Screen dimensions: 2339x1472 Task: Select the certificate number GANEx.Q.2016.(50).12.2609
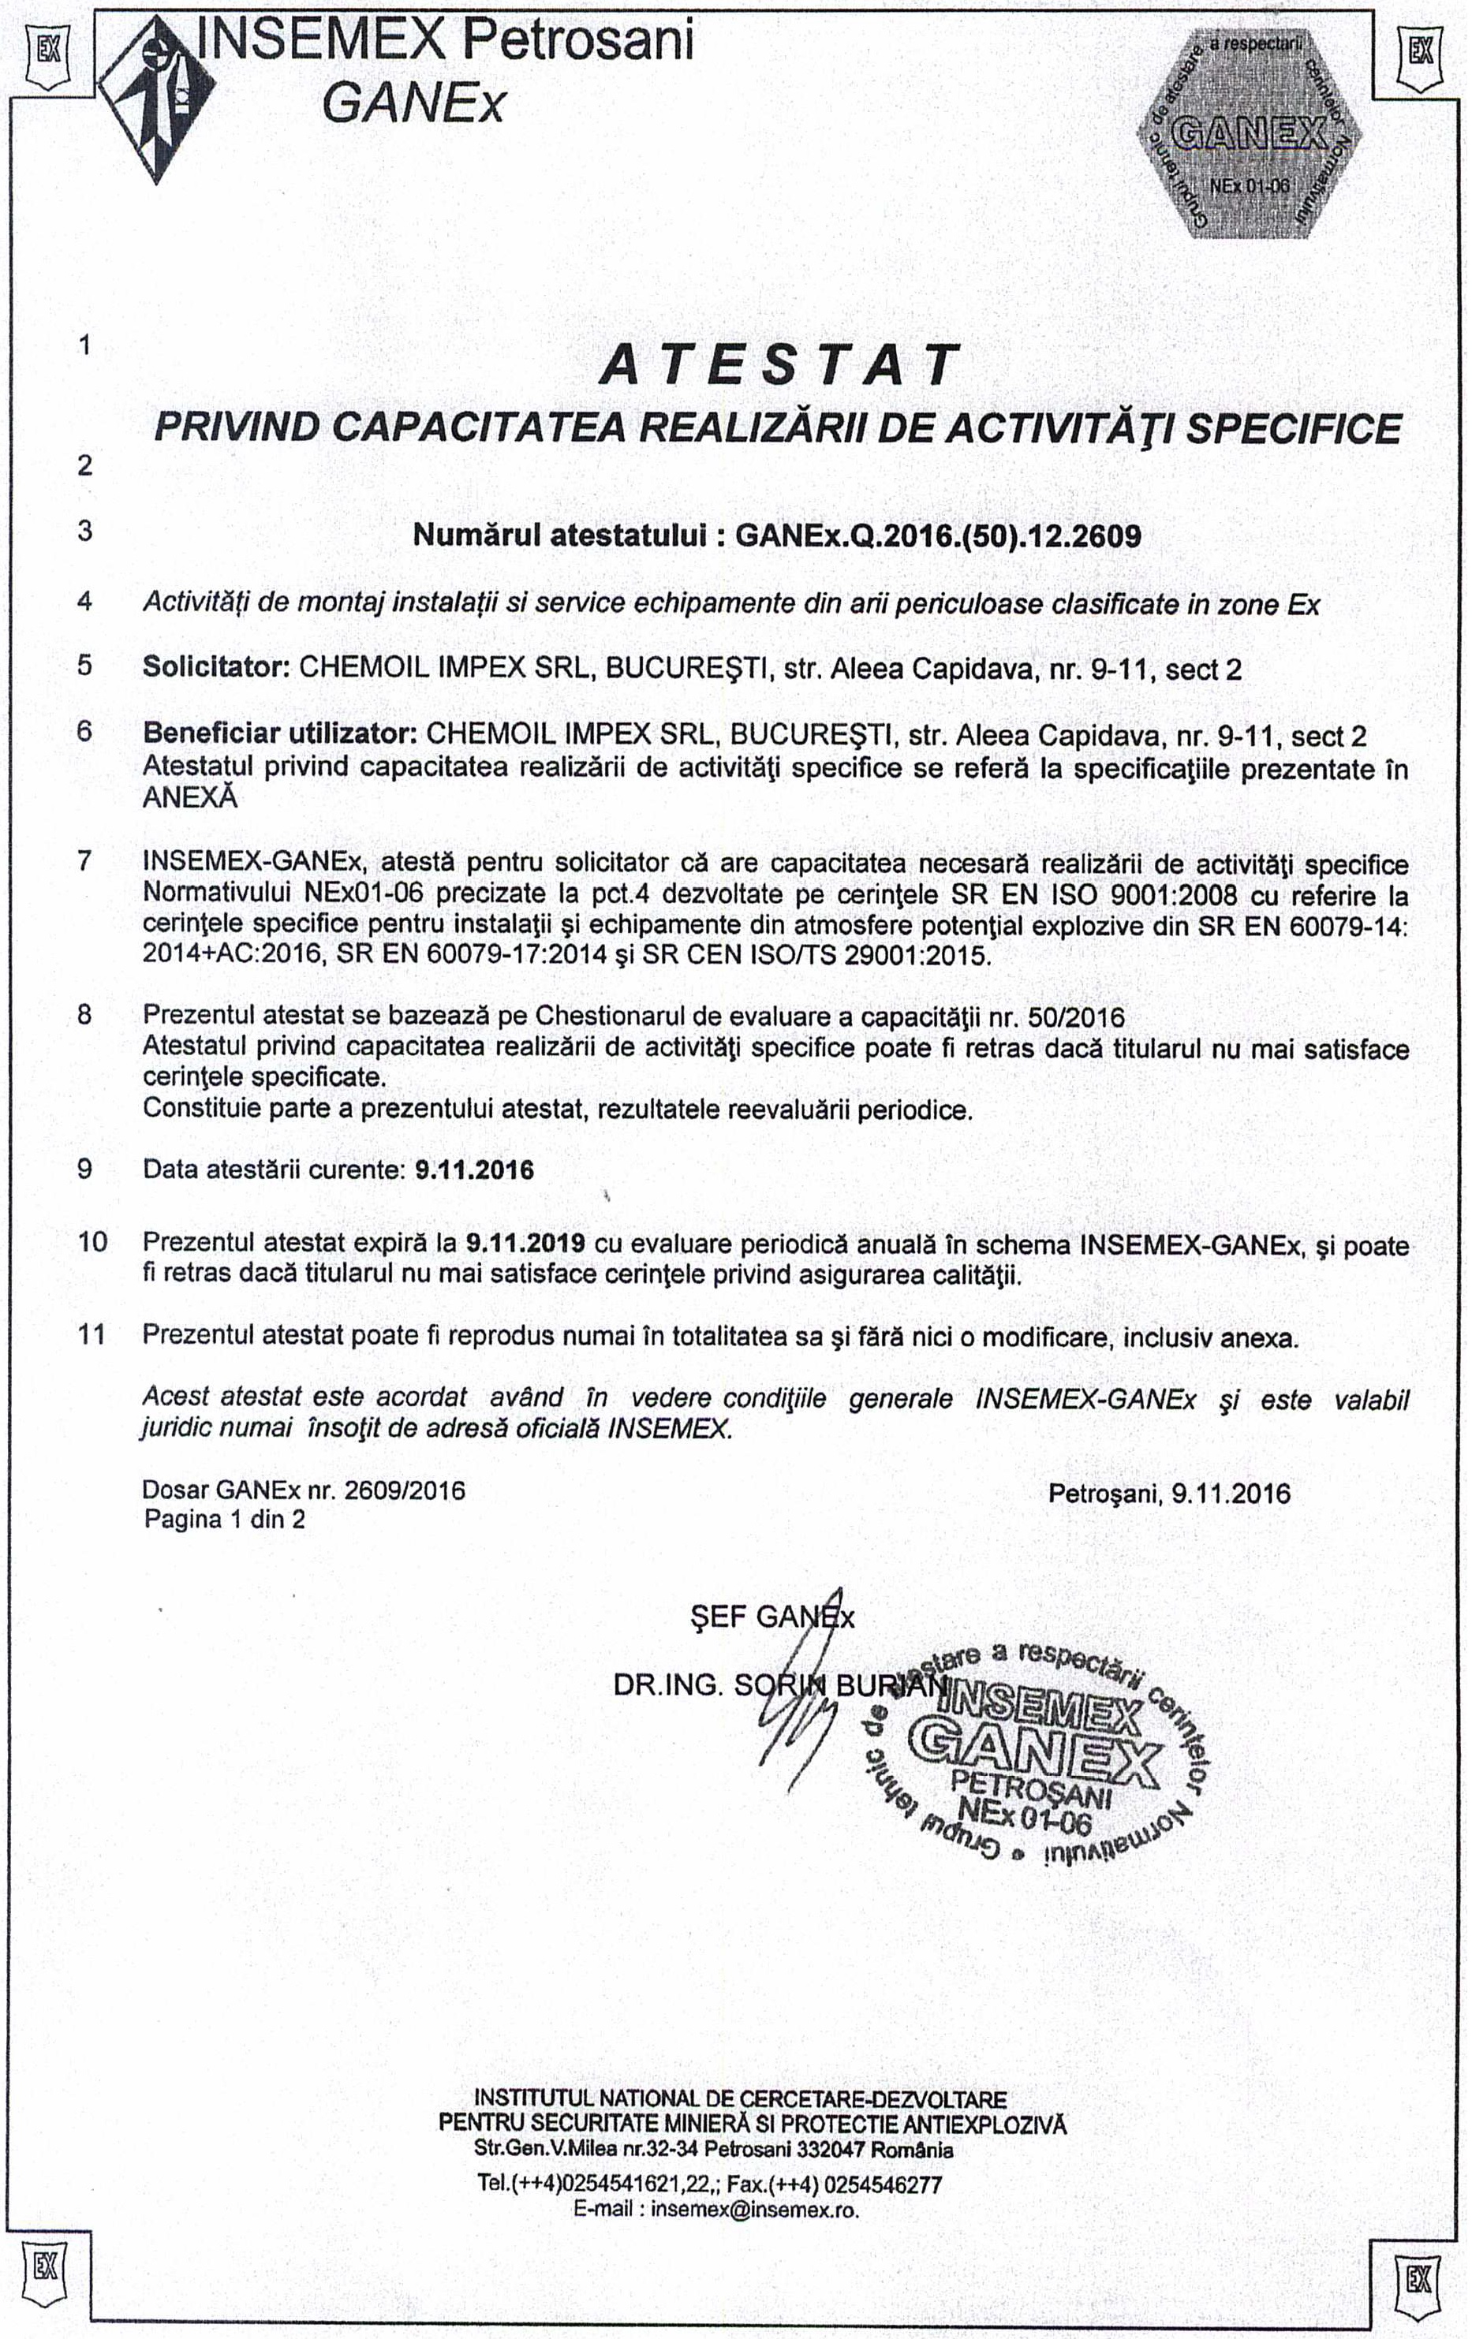(939, 535)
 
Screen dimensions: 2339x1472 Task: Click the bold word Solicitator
(210, 668)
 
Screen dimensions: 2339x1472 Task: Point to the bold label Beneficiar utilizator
(280, 733)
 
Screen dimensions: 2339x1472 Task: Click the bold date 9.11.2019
(525, 1242)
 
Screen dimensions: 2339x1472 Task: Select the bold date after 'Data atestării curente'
(474, 1169)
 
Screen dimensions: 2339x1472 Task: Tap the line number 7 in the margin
(84, 860)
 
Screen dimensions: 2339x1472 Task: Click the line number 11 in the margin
(92, 1334)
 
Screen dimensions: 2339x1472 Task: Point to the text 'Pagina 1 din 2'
(225, 1519)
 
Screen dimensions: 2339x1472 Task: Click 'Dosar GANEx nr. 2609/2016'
(303, 1489)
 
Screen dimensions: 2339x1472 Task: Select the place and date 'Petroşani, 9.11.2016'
(1169, 1493)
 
